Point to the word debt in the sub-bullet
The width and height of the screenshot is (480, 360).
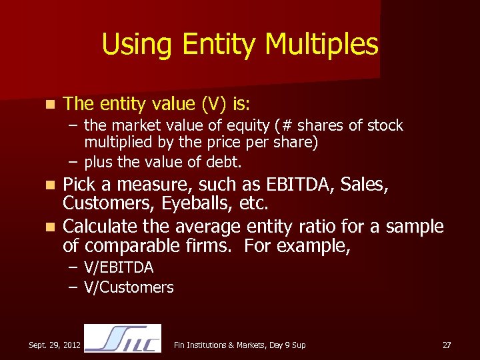click(x=226, y=161)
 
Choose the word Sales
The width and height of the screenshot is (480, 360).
click(x=364, y=184)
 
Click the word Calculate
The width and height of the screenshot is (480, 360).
click(x=99, y=227)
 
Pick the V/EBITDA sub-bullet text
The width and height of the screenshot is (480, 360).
click(x=119, y=267)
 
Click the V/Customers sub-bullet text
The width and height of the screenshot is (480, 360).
click(x=129, y=287)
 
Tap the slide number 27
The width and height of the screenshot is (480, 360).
click(x=447, y=345)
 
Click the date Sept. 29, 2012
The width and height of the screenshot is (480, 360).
click(x=55, y=345)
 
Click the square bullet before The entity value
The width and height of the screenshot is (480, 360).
click(x=48, y=105)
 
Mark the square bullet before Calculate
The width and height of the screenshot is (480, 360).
click(x=48, y=227)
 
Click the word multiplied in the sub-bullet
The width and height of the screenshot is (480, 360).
click(x=116, y=143)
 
